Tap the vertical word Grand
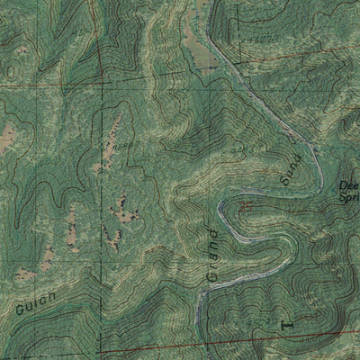212,256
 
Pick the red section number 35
247,208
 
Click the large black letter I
288,319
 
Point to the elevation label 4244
238,148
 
